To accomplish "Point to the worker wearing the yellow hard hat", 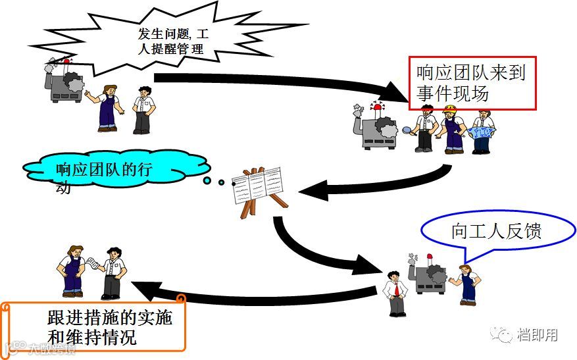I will (x=452, y=128).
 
